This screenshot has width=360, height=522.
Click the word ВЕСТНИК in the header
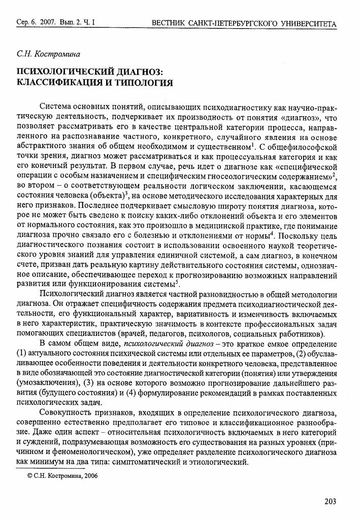coord(172,24)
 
